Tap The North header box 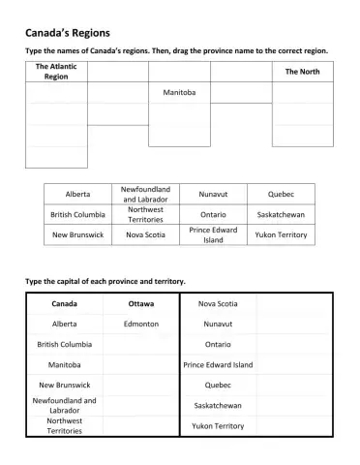(303, 72)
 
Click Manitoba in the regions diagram (179, 92)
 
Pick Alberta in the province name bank (77, 194)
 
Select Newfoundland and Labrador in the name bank (145, 194)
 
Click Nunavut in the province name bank (213, 194)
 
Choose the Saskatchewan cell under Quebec (281, 214)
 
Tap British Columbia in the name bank (77, 214)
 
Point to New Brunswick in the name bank (77, 234)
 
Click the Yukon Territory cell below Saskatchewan (281, 234)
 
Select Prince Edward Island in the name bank (213, 234)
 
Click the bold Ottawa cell (141, 304)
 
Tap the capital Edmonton (141, 325)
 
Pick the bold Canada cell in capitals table (64, 304)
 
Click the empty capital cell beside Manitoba (141, 365)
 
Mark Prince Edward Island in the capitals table (218, 365)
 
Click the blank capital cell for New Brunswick (141, 385)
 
